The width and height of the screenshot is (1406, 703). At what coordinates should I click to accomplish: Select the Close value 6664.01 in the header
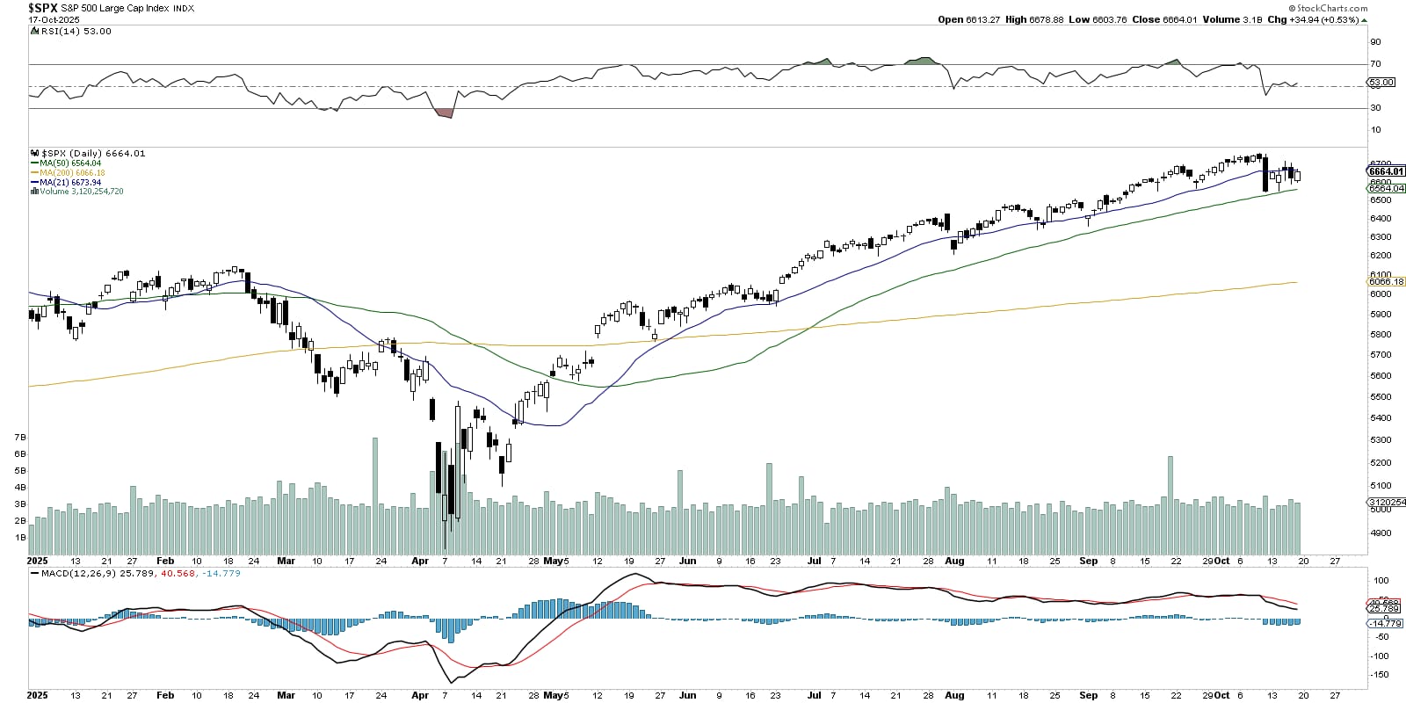tap(1178, 19)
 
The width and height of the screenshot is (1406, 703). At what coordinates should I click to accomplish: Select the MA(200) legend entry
tap(72, 173)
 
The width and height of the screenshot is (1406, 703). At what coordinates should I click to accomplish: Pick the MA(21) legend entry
tap(70, 182)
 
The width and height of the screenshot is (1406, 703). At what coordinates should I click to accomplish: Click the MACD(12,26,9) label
tap(79, 573)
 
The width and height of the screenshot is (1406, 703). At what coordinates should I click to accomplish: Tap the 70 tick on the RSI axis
tap(1375, 64)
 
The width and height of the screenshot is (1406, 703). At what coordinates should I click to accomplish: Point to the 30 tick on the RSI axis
tap(1375, 108)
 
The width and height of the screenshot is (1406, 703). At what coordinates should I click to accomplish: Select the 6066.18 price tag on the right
tap(1387, 282)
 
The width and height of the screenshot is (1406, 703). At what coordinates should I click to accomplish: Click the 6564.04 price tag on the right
tap(1387, 189)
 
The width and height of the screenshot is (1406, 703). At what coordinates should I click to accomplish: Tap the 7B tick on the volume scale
tap(19, 437)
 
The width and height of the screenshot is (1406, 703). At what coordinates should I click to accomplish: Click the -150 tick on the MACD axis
tap(1381, 675)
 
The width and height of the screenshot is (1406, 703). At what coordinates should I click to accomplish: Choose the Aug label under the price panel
tap(954, 561)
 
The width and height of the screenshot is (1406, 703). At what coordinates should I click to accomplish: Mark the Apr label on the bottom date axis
tap(420, 695)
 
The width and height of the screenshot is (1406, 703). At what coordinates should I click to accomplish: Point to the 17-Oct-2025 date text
tap(54, 19)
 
